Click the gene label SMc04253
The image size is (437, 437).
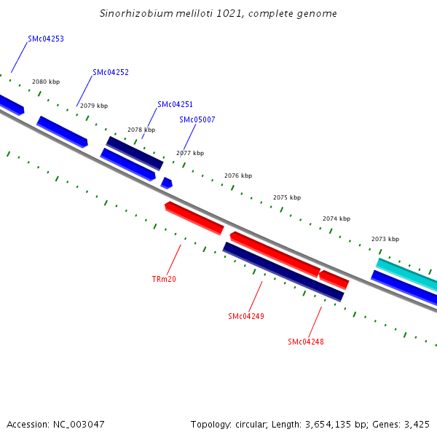pyautogui.click(x=45, y=39)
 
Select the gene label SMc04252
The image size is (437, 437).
pyautogui.click(x=111, y=72)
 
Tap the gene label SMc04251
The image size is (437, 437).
pyautogui.click(x=175, y=105)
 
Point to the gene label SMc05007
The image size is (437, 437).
pyautogui.click(x=197, y=119)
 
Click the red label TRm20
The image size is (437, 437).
pyautogui.click(x=164, y=279)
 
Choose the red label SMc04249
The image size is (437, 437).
pyautogui.click(x=245, y=316)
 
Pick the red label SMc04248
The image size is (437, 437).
pyautogui.click(x=306, y=342)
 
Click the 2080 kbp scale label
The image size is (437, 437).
pyautogui.click(x=46, y=82)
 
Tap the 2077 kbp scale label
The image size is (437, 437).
pyautogui.click(x=190, y=153)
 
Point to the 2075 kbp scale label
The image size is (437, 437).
pyautogui.click(x=287, y=197)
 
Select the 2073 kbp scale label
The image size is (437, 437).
pyautogui.click(x=385, y=239)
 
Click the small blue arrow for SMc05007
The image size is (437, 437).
pyautogui.click(x=167, y=183)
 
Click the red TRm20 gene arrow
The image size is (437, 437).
pyautogui.click(x=194, y=218)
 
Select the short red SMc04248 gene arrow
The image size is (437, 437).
pyautogui.click(x=334, y=279)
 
